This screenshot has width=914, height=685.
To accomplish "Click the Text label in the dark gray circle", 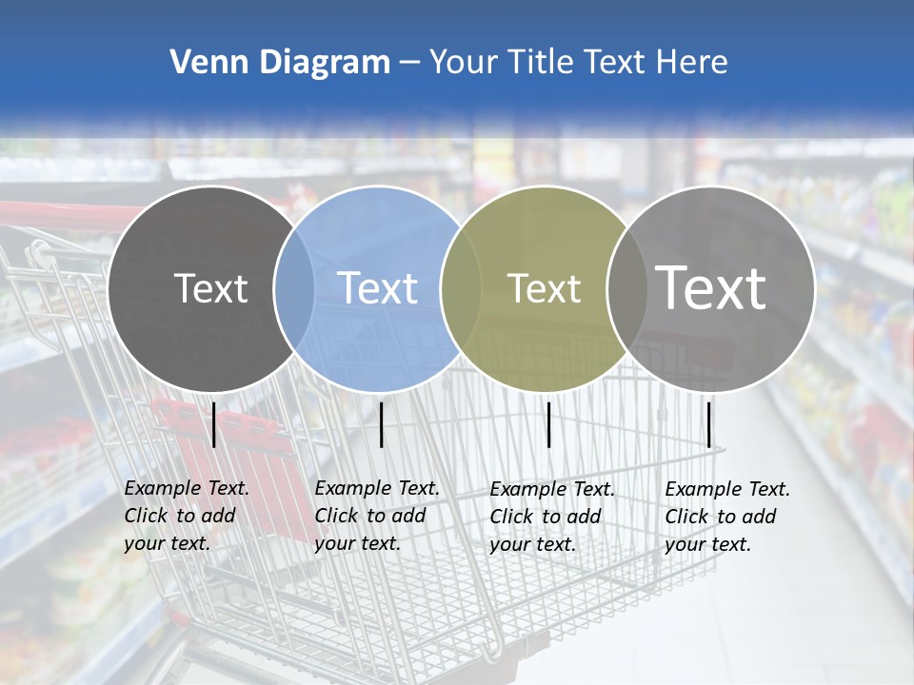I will [x=210, y=288].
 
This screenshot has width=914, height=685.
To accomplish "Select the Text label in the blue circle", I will [x=377, y=288].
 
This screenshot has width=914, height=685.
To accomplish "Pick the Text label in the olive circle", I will [x=544, y=288].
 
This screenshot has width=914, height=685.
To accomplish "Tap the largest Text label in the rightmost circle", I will [x=711, y=287].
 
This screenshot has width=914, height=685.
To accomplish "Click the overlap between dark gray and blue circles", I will [x=294, y=287].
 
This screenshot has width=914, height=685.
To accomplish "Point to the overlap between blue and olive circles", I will [x=461, y=287].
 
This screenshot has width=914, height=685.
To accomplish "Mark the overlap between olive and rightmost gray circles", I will [x=626, y=287].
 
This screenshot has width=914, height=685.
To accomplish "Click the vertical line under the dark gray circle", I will [x=214, y=424].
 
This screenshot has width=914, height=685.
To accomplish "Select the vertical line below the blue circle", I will [x=381, y=424].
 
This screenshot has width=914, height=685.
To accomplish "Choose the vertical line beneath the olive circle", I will [x=548, y=424].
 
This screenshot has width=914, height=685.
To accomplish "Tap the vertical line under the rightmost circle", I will [x=709, y=424].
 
